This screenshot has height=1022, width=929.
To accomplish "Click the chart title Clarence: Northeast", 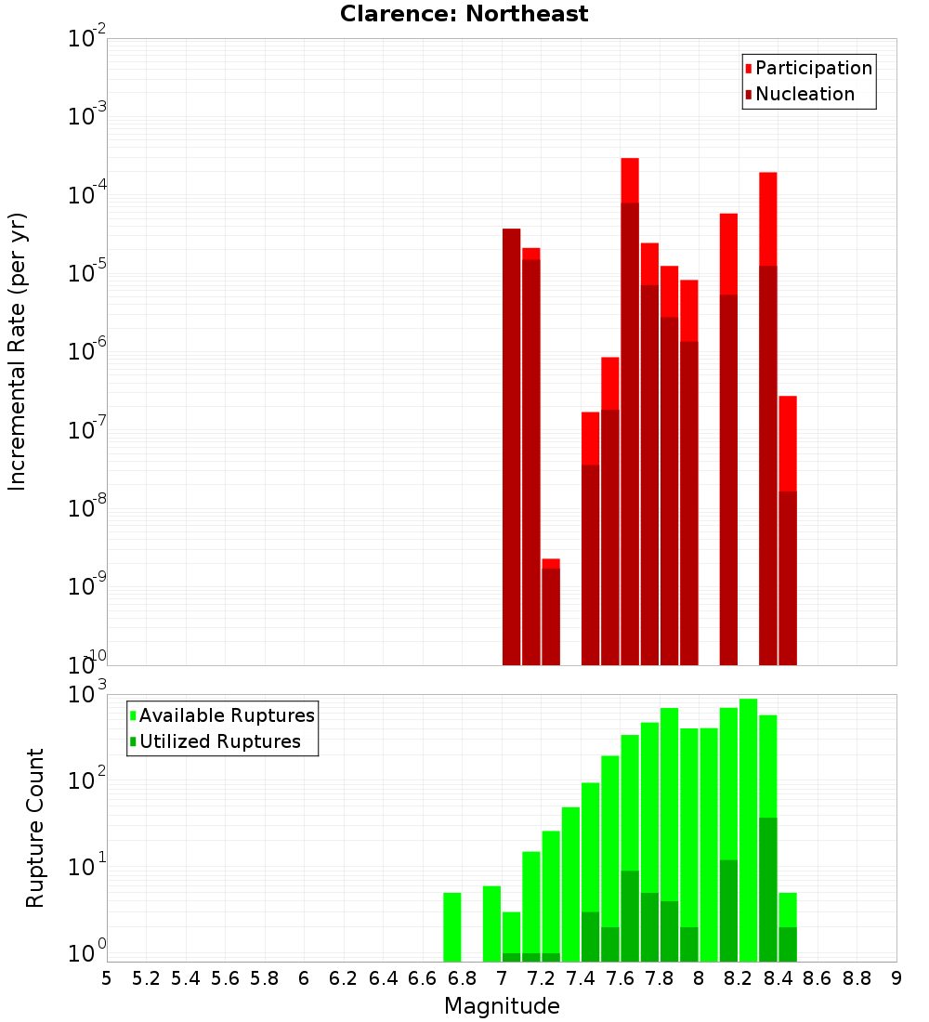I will click(464, 14).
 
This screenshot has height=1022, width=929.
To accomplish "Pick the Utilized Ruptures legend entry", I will click(219, 741).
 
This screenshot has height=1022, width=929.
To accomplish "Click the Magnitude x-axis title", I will click(502, 1006).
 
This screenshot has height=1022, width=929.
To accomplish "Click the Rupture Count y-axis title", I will click(35, 827).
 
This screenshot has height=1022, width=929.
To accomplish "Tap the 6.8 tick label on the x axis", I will click(462, 978).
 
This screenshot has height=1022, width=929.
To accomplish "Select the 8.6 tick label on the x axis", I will click(818, 978).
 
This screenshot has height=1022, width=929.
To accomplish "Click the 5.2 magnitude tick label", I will click(146, 978).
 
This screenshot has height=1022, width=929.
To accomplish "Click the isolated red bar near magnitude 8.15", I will click(728, 437).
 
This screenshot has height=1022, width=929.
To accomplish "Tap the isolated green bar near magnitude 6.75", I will click(452, 927).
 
